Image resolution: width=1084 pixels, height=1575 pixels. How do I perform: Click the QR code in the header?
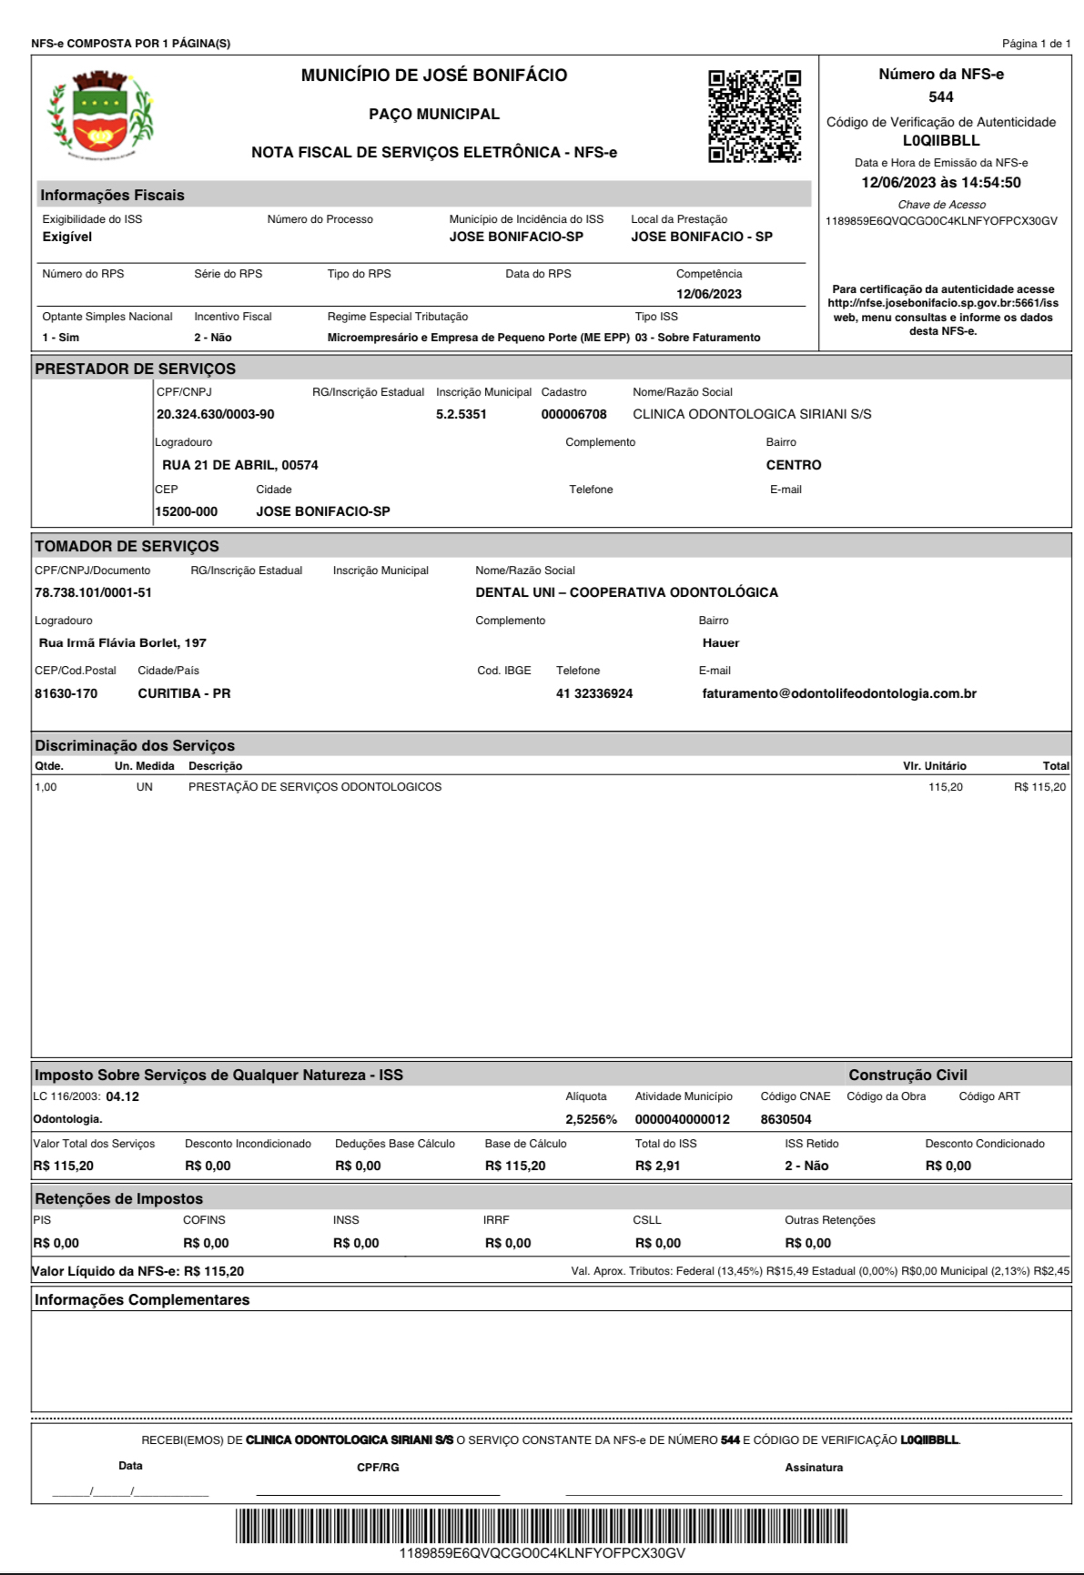(x=755, y=116)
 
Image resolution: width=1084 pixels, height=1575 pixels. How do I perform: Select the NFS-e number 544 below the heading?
(x=941, y=97)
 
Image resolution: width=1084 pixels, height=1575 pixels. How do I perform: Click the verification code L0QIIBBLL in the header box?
(x=941, y=141)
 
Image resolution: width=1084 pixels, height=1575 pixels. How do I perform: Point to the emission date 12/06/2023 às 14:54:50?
(x=941, y=183)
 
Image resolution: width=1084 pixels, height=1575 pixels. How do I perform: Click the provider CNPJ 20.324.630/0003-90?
(x=216, y=414)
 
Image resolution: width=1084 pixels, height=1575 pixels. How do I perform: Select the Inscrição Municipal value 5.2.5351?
(x=461, y=414)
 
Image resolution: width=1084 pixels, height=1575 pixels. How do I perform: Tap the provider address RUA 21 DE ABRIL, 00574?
(x=240, y=465)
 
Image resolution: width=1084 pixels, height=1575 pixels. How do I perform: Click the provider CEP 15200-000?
(x=187, y=511)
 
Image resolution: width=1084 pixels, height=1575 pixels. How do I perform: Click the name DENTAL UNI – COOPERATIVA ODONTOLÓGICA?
(x=626, y=592)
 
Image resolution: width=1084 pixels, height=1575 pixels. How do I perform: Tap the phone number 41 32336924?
(x=594, y=693)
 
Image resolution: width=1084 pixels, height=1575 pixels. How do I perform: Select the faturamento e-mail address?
(x=839, y=693)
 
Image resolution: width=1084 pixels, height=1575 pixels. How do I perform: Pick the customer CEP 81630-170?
(x=66, y=693)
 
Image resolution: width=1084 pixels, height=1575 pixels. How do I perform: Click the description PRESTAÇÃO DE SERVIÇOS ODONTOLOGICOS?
(x=315, y=787)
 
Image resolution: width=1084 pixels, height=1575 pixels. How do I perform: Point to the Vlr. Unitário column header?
(x=934, y=766)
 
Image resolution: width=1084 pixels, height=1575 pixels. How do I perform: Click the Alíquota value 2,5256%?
(x=591, y=1119)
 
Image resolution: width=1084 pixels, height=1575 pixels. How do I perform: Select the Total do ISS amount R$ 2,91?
(x=657, y=1166)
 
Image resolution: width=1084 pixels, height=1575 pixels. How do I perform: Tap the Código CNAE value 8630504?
(x=785, y=1119)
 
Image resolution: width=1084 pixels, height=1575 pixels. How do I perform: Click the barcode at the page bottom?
(x=542, y=1525)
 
